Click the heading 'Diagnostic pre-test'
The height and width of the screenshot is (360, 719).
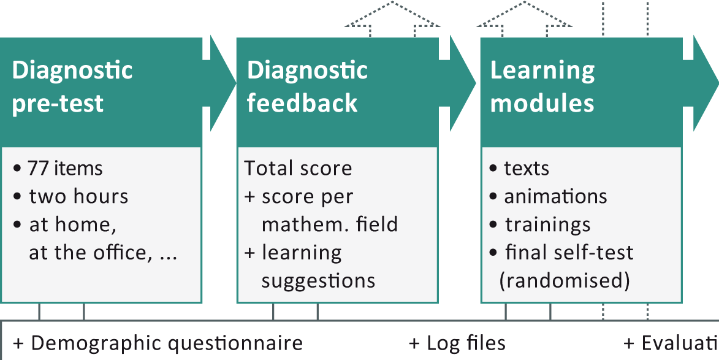tap(72, 86)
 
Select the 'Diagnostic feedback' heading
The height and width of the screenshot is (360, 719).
tap(307, 86)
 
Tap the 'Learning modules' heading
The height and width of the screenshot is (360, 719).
tap(542, 86)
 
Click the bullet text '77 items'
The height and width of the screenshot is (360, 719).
tap(58, 168)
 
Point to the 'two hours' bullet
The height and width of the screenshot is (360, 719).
tap(71, 196)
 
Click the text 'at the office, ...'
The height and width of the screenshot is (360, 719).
tap(103, 253)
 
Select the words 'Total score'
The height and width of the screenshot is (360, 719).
tap(298, 168)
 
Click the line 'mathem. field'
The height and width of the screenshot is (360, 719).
tap(329, 224)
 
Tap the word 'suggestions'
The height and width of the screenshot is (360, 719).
tap(318, 281)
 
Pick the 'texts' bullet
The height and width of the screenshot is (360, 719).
tap(519, 168)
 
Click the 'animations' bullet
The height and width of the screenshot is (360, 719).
tap(548, 196)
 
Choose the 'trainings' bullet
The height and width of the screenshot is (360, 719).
tap(539, 224)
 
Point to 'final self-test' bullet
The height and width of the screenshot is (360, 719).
tap(561, 253)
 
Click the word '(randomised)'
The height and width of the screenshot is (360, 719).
tap(564, 281)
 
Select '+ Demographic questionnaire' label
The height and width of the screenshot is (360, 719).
tap(158, 343)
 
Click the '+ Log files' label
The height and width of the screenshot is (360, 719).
tap(457, 343)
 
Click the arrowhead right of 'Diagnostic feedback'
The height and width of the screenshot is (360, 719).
tap(463, 83)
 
